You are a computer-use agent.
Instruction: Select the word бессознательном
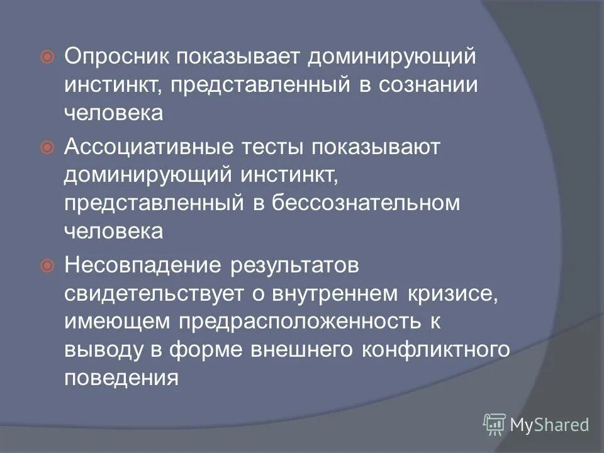click(x=367, y=202)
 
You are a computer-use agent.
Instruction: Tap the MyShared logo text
click(x=550, y=425)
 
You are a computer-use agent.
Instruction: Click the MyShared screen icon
click(x=494, y=425)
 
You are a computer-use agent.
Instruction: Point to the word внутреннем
click(x=340, y=294)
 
